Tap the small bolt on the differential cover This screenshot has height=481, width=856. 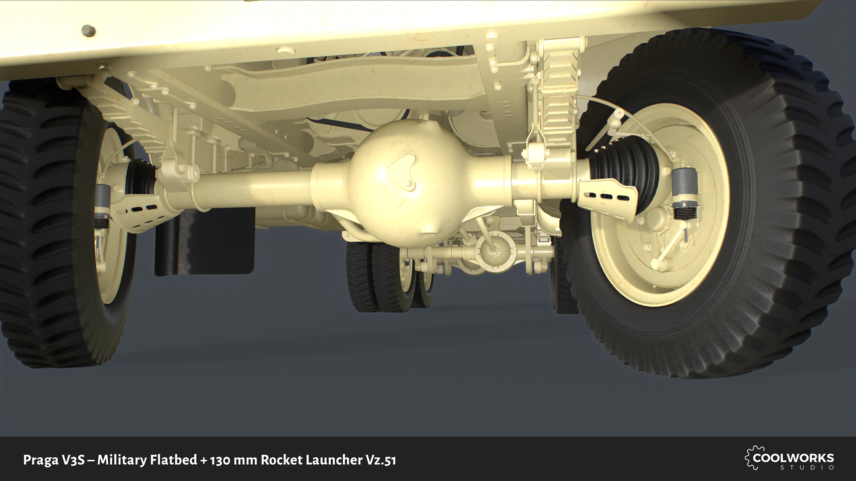tap(409, 185)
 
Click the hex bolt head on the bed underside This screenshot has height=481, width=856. tap(89, 31)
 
